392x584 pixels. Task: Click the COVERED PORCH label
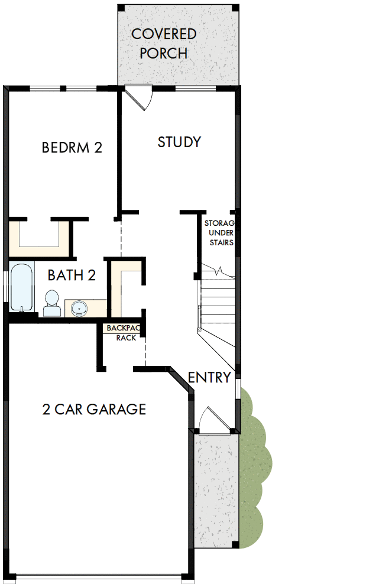pos(164,43)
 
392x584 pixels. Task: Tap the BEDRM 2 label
pos(72,147)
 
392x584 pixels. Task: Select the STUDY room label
pos(179,142)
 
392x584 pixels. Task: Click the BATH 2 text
pos(72,275)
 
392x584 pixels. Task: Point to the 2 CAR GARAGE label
pos(94,409)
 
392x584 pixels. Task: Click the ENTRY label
pos(209,378)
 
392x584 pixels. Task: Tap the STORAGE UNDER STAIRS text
pos(219,233)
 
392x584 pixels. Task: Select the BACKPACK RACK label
pos(121,332)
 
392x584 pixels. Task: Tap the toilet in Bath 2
pos(52,303)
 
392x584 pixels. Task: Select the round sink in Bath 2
pos(79,307)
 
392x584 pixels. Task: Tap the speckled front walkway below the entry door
pos(216,491)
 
